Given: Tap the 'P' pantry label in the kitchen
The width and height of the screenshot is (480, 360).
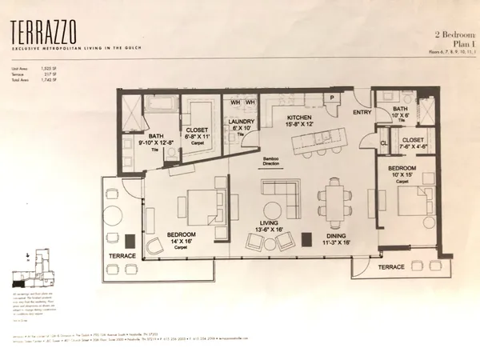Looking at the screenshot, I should (330, 98).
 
